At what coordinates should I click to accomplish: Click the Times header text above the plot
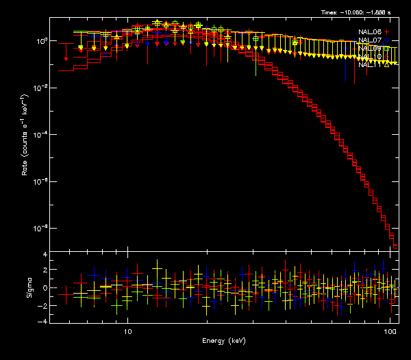360,12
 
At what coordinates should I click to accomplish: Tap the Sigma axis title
29,287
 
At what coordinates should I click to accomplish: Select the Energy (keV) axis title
223,341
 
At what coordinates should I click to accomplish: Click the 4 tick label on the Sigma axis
45,255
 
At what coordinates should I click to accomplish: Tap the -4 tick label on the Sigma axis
43,321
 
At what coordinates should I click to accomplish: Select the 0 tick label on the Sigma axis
45,287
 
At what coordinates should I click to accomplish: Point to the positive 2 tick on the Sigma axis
45,271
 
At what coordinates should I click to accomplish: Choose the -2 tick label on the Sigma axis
43,305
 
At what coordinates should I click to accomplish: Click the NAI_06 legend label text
370,32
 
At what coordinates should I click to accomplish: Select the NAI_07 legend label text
370,40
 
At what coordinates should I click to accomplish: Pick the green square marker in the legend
386,49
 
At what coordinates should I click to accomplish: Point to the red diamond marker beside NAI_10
386,57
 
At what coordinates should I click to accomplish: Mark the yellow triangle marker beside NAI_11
386,65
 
